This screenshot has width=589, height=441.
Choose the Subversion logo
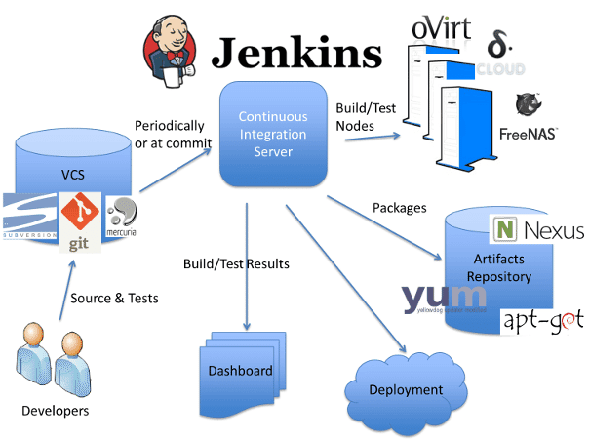tap(28, 218)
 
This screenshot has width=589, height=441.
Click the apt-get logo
tap(542, 319)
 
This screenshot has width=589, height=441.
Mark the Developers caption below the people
tap(55, 411)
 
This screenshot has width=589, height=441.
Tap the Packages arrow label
tap(401, 207)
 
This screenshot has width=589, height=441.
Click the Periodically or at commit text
tap(168, 134)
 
